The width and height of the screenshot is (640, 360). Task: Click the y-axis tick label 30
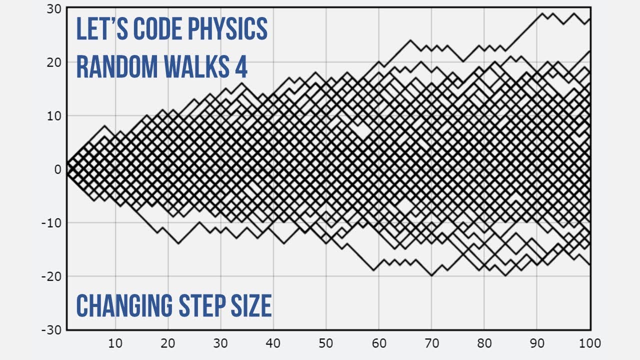(x=54, y=9)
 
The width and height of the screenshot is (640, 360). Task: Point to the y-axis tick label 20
(x=54, y=62)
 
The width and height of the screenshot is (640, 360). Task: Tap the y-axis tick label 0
(x=57, y=169)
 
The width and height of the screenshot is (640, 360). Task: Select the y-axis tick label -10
(x=51, y=222)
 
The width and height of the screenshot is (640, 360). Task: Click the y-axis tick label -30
(x=51, y=330)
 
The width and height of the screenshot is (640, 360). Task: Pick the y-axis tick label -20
(x=51, y=276)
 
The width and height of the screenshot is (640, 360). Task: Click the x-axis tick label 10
(x=115, y=343)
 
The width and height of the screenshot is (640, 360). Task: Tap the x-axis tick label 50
(x=326, y=343)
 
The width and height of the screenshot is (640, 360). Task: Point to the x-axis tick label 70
(x=431, y=343)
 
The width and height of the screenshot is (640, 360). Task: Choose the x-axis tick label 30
(x=220, y=343)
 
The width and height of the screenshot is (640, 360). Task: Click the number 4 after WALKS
(x=241, y=67)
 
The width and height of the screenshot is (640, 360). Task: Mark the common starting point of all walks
(x=67, y=169)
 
